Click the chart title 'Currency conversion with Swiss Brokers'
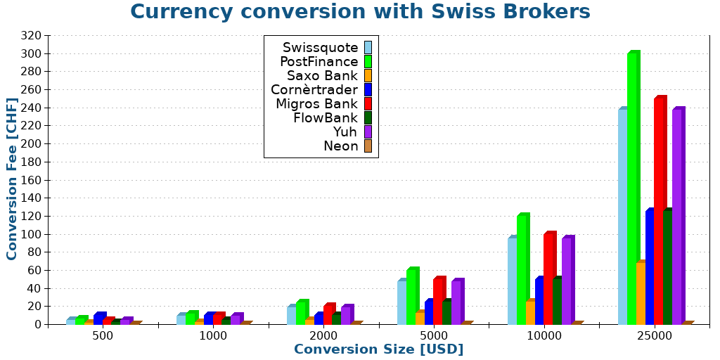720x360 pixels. (x=360, y=12)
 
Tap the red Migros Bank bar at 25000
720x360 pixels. (x=660, y=211)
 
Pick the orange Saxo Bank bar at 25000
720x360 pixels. (x=641, y=294)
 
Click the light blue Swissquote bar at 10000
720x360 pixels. (x=513, y=281)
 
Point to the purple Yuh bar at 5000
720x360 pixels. (x=456, y=302)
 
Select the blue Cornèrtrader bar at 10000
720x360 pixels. (x=539, y=301)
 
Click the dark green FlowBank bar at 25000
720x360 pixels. (x=668, y=267)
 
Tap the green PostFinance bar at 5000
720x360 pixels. (x=411, y=297)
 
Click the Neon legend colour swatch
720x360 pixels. (x=368, y=146)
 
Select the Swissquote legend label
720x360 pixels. (x=320, y=48)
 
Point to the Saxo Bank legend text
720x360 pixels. (x=322, y=76)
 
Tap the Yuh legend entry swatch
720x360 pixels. (x=368, y=132)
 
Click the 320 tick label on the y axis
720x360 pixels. (x=31, y=36)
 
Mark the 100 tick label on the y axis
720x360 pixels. (x=31, y=234)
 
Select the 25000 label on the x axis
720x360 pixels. (x=654, y=336)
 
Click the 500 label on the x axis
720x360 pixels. (x=103, y=336)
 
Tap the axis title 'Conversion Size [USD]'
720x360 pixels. (x=378, y=349)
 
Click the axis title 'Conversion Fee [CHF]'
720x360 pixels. (x=12, y=179)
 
